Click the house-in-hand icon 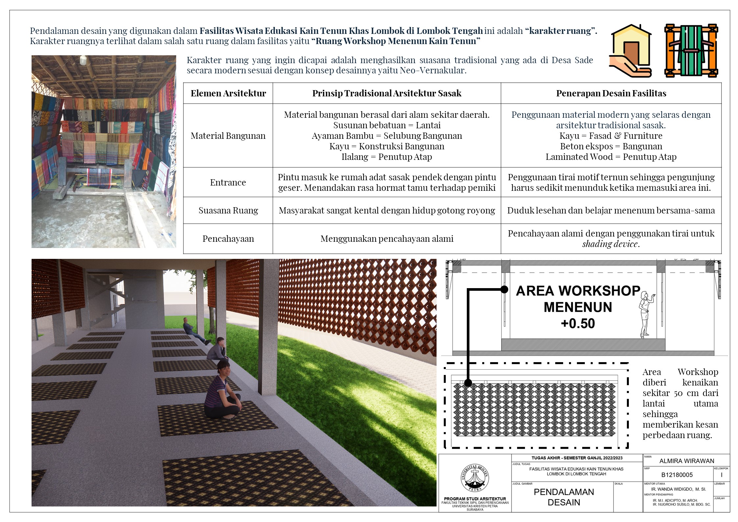pos(630,51)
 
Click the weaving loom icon pos(691,51)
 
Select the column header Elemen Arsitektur pos(228,93)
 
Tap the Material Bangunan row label pos(228,136)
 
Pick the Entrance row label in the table pos(228,183)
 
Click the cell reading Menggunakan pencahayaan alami pos(387,239)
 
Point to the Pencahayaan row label pos(228,239)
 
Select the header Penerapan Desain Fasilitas pos(611,93)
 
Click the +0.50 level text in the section pos(578,324)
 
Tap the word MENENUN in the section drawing pos(578,307)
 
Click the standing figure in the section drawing pos(645,314)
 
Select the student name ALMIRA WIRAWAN pos(686,461)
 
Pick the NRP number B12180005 pos(677,475)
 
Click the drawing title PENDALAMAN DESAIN pos(563,497)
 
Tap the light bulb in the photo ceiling pos(83,60)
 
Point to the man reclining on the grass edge pos(194,331)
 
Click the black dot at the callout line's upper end pos(504,289)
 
